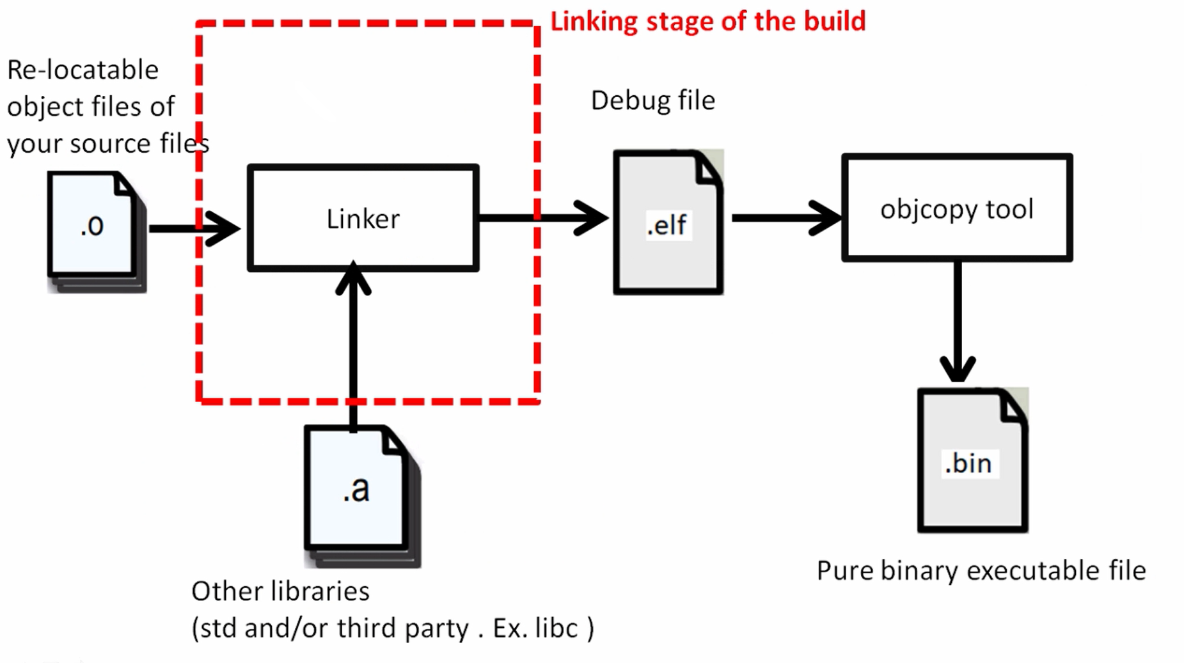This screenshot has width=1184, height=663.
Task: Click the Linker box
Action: [363, 218]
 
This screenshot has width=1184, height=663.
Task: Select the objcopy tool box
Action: [956, 207]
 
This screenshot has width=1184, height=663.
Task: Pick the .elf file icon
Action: [667, 224]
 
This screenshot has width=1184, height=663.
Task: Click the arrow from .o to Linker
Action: [192, 228]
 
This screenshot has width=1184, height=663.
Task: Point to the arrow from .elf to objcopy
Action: [785, 218]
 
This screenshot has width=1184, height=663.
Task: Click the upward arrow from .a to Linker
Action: [353, 345]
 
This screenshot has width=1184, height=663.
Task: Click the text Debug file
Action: [652, 100]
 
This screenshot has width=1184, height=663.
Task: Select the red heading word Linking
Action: [594, 22]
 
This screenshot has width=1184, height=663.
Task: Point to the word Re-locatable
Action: [83, 70]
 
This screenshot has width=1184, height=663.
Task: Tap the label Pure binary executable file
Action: [981, 570]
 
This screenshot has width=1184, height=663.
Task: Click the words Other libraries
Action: [280, 591]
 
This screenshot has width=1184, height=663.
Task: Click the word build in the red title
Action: [834, 21]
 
